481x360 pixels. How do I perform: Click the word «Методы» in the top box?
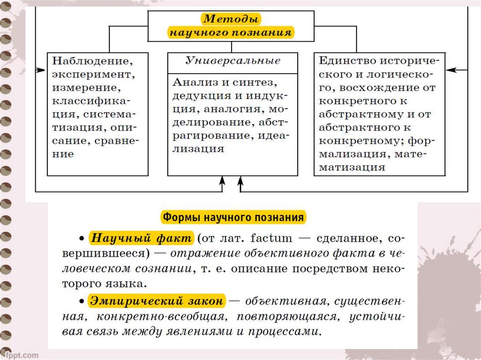231,20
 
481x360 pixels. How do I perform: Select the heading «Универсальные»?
233,61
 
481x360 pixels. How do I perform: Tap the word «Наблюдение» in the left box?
92,61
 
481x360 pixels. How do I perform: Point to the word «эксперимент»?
91,74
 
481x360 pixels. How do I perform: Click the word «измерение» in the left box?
85,88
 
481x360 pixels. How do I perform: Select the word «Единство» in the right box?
347,61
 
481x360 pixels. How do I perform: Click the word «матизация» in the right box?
353,167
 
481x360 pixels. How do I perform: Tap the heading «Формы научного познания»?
233,218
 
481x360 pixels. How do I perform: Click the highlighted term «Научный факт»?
141,237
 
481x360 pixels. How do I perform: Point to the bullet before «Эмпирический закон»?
81,301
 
